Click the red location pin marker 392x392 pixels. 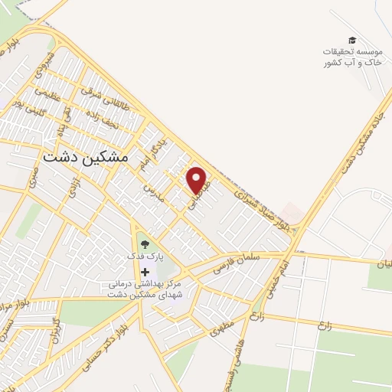coord(198,180)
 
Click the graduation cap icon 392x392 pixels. coord(351,40)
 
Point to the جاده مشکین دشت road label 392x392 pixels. coord(358,136)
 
